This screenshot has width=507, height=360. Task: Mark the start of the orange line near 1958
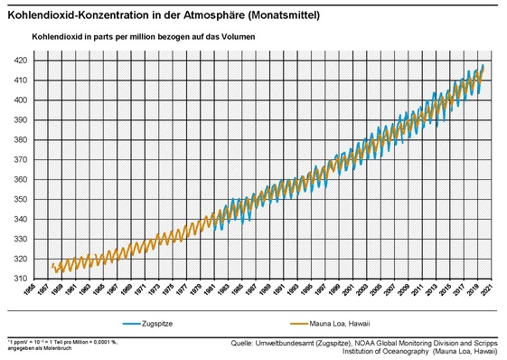click(52, 264)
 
